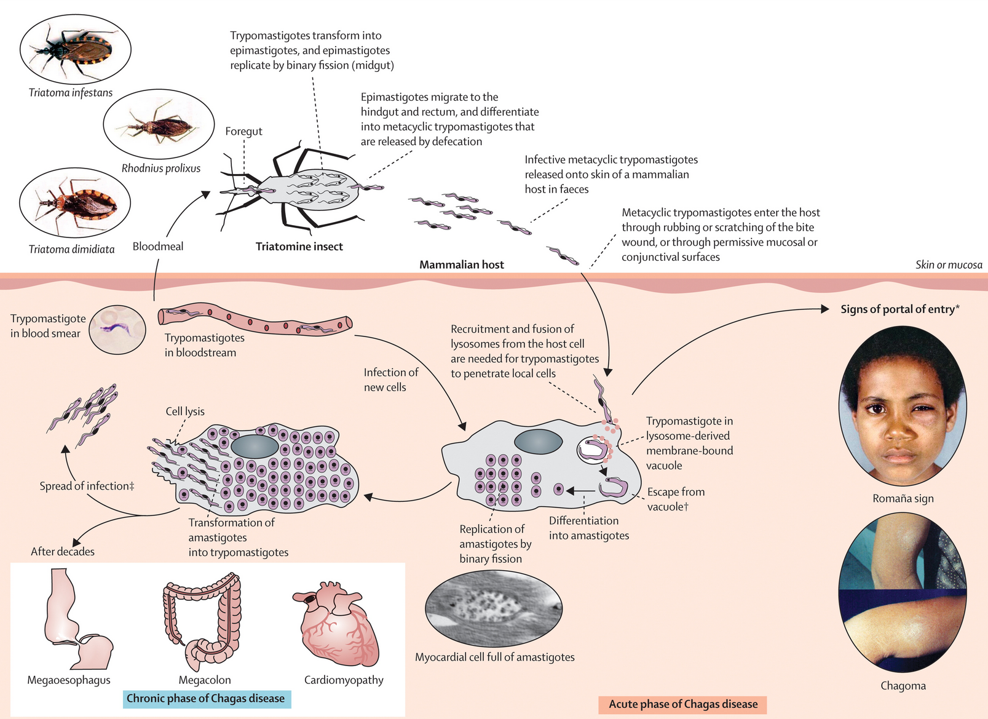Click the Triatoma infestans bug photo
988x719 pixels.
pos(76,49)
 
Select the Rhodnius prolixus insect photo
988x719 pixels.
pos(159,124)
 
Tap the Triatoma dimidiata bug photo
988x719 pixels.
pos(75,202)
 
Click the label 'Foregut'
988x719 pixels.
pos(243,132)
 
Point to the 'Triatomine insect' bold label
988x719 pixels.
pos(299,246)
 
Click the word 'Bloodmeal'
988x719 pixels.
pos(158,246)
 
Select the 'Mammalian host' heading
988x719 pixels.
pos(461,264)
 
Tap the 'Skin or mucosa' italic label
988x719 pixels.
pos(949,265)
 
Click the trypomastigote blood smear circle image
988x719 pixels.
pos(117,329)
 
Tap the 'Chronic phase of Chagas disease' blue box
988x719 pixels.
pos(207,699)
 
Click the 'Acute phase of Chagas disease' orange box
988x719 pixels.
pos(683,704)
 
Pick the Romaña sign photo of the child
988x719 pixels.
pos(903,406)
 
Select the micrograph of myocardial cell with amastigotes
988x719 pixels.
pos(494,608)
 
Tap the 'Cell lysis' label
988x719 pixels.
pos(185,411)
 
